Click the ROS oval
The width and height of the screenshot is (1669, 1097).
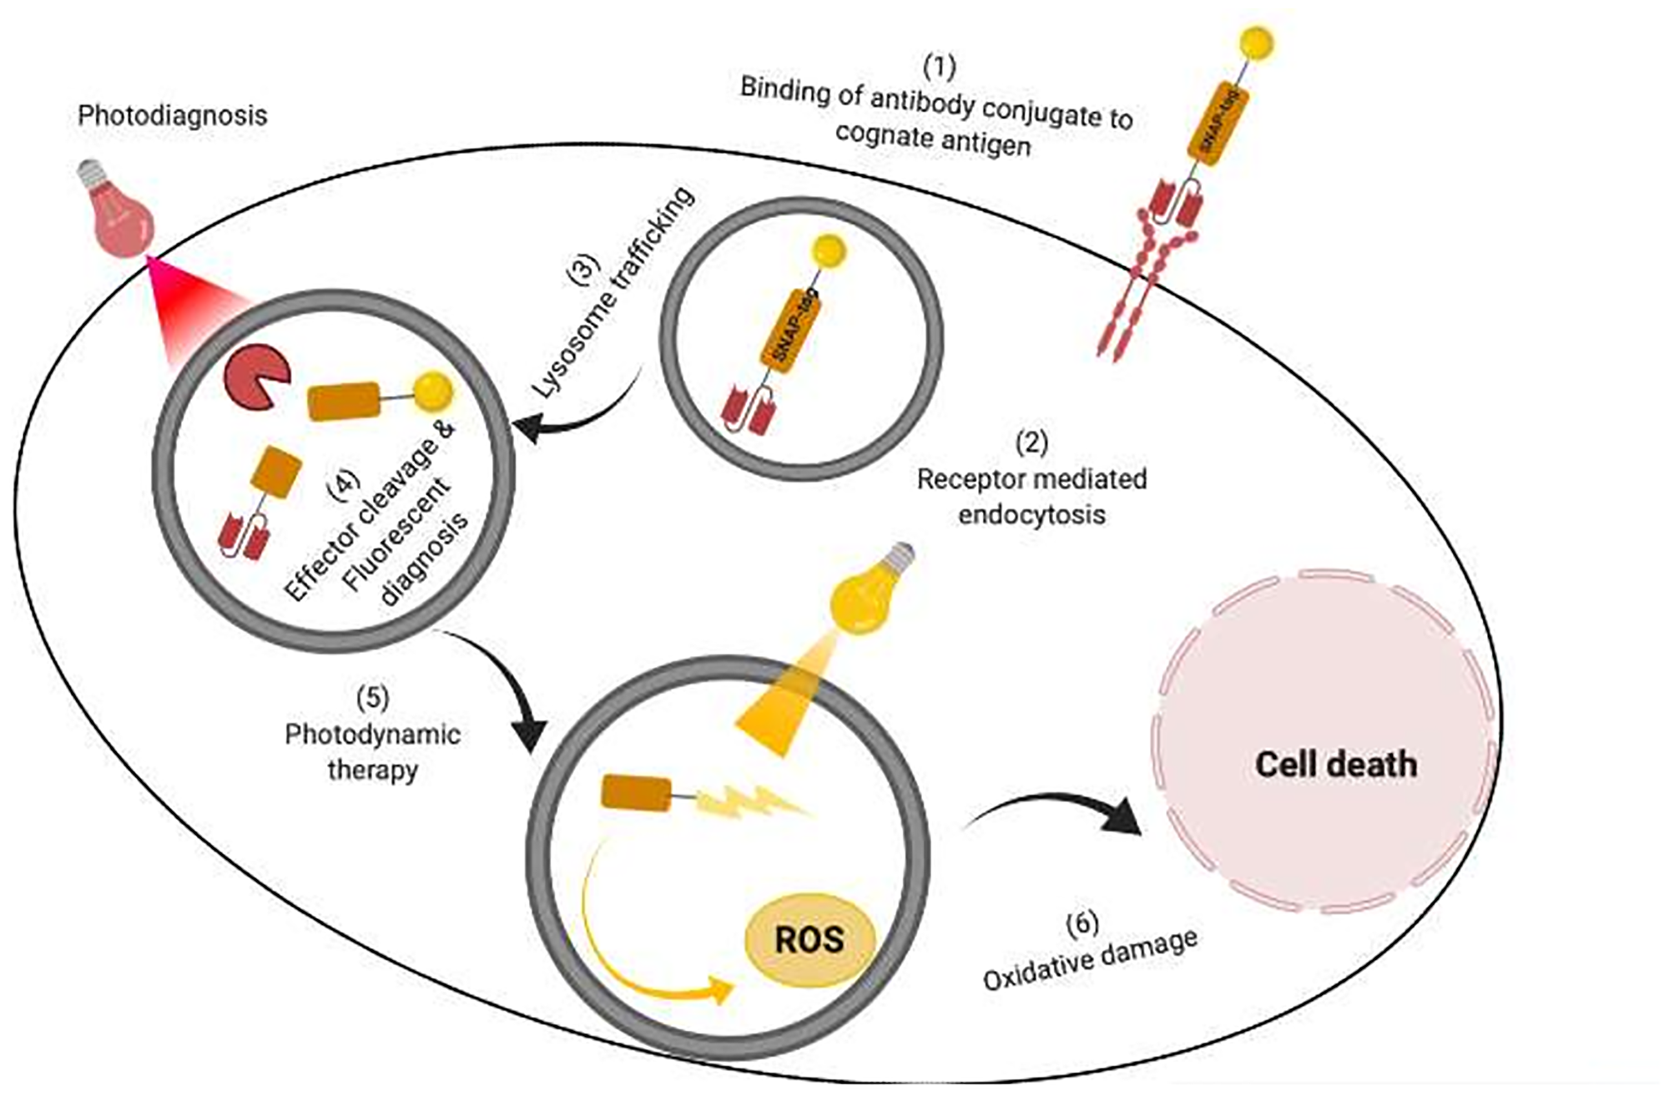click(x=809, y=939)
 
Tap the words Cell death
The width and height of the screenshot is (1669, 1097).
click(x=1336, y=765)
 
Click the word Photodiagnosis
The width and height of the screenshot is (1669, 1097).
click(x=173, y=115)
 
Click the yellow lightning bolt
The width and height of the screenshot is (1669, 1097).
click(x=751, y=803)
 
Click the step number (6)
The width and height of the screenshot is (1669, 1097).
click(x=1082, y=923)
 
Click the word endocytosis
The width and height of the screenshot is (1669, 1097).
click(x=1031, y=514)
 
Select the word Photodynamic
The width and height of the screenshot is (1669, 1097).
click(x=372, y=735)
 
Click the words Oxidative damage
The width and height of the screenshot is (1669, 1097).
click(x=1090, y=960)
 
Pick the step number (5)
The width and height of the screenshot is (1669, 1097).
click(x=372, y=698)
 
